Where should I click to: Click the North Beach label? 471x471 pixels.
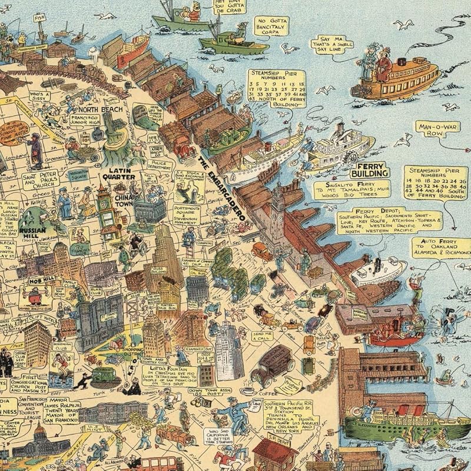pyautogui.click(x=102, y=110)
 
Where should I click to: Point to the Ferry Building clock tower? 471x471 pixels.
pyautogui.click(x=277, y=206)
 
